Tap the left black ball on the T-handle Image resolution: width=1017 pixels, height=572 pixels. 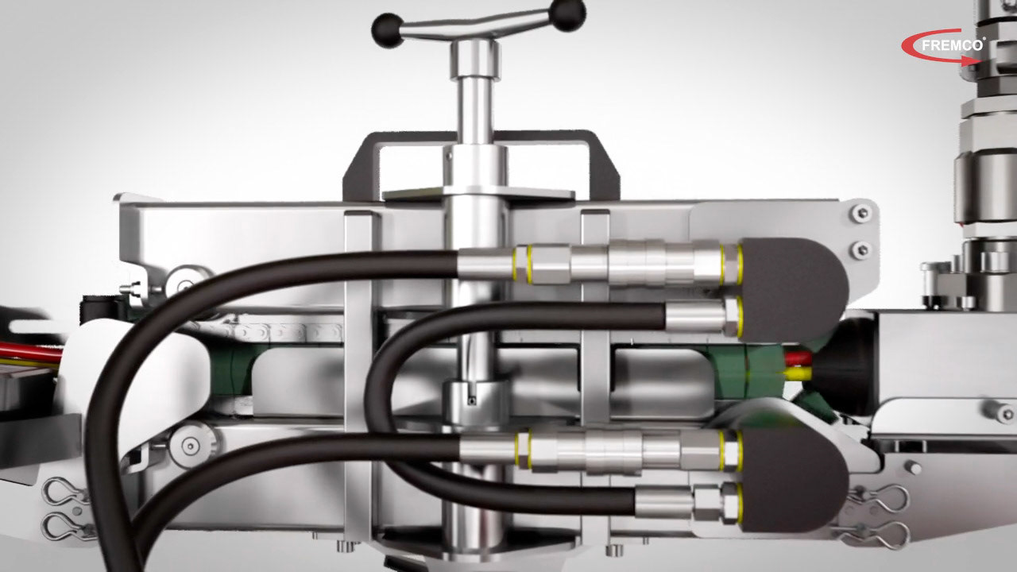pyautogui.click(x=388, y=30)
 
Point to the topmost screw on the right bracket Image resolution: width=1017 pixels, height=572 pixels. pyautogui.click(x=860, y=212)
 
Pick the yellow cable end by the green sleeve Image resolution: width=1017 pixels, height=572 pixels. pyautogui.click(x=798, y=374)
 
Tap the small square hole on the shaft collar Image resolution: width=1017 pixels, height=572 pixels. pyautogui.click(x=473, y=401)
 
